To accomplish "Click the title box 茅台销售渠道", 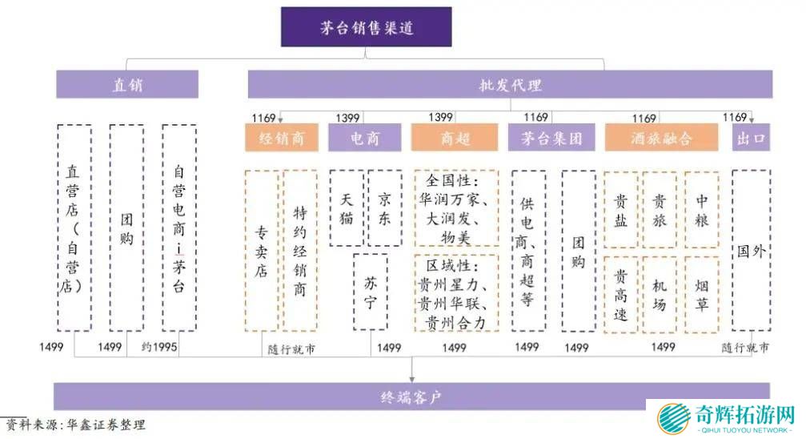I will [x=366, y=27].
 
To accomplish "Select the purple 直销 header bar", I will [x=127, y=84].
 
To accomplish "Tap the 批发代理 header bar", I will [x=510, y=84].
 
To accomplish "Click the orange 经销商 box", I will [x=281, y=138].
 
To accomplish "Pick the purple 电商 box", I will [x=364, y=138].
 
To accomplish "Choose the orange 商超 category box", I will [x=455, y=138].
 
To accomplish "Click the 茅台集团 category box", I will [x=551, y=138].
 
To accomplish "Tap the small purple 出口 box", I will [x=752, y=138].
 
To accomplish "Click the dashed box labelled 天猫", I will [x=347, y=207].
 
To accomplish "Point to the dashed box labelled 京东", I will [x=385, y=207].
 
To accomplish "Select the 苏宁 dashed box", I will [x=371, y=292].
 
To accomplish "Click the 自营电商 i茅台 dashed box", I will [x=179, y=228].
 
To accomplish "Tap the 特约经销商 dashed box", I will [x=300, y=250].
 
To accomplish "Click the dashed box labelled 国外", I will [x=751, y=250].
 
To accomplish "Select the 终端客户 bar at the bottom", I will [x=411, y=396].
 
